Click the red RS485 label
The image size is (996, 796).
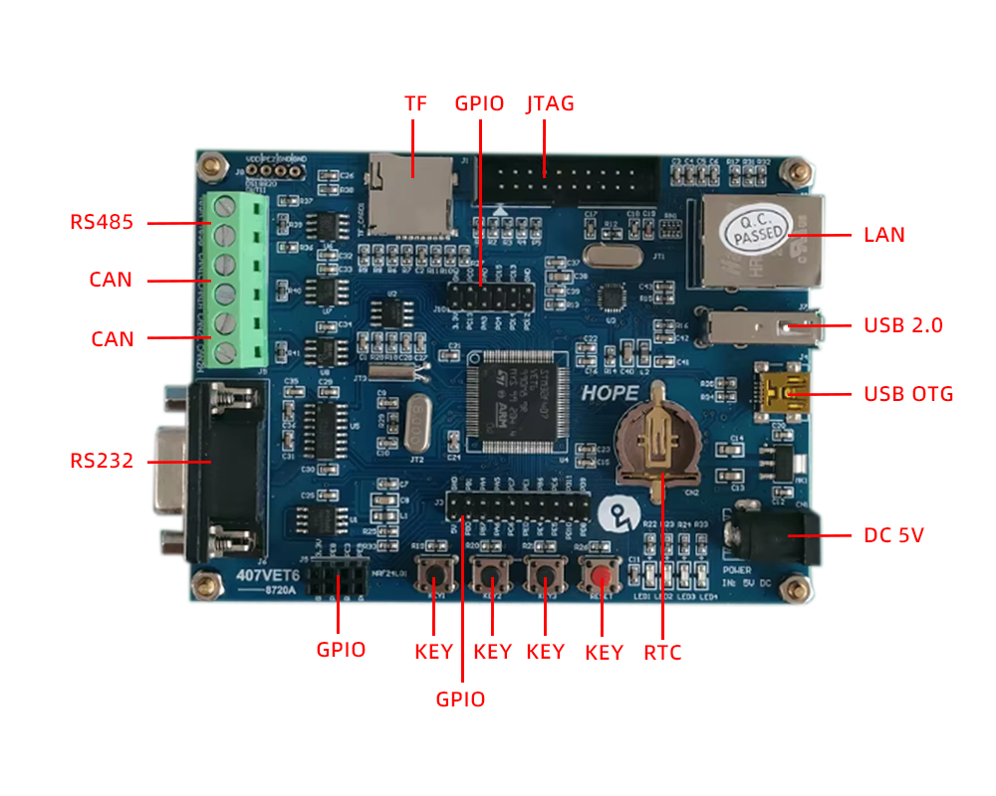[x=102, y=222]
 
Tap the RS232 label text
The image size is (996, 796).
[x=102, y=461]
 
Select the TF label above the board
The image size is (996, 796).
[x=415, y=103]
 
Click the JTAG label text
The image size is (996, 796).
[x=550, y=103]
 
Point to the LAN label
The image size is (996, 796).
[x=884, y=235]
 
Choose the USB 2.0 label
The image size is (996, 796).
[x=903, y=325]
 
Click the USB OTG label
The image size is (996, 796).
[x=908, y=394]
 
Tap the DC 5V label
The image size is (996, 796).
[x=894, y=535]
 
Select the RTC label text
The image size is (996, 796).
[x=662, y=653]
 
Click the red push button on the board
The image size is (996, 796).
[x=600, y=577]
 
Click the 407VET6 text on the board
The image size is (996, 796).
[x=268, y=575]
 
